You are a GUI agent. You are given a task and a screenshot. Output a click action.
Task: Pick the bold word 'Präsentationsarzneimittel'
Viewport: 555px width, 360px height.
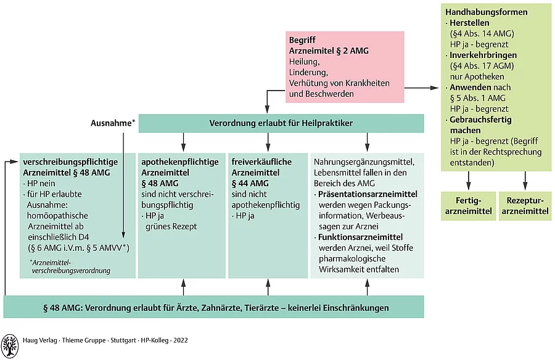pos(368,194)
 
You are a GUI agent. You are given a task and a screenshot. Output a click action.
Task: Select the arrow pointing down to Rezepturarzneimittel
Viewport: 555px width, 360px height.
pos(525,179)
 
